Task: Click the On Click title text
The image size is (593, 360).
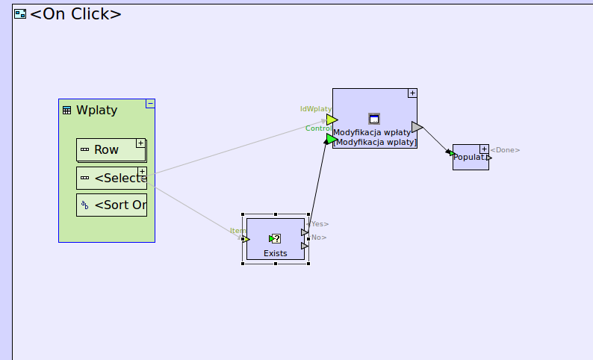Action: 75,13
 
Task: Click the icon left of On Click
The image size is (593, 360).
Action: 20,13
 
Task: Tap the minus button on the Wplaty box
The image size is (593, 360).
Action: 150,104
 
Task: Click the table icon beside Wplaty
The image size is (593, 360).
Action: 66,111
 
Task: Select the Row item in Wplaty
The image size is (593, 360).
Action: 106,149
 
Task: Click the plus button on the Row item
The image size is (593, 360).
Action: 140,143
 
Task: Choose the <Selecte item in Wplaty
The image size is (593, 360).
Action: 111,178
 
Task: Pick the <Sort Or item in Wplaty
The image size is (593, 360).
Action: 111,205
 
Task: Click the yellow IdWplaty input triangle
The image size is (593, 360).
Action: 332,120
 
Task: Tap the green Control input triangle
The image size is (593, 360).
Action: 332,138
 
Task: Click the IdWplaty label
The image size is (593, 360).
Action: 315,109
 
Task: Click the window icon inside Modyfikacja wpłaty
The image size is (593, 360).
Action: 374,119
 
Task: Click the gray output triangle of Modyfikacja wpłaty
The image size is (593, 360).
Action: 417,127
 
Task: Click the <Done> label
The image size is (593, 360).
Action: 506,150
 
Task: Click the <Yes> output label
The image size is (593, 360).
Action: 317,223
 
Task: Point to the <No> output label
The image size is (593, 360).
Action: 318,238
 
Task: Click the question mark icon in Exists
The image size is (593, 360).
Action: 275,239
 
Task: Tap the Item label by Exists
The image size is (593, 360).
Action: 237,231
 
